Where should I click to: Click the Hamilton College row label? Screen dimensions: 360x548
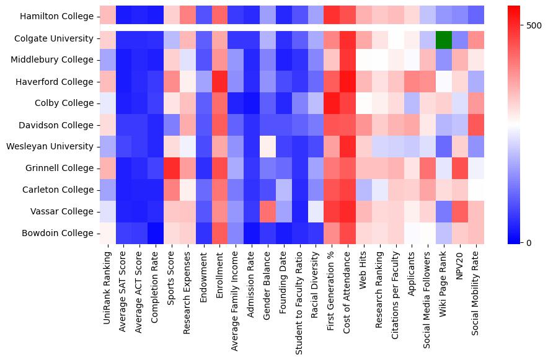[57, 17]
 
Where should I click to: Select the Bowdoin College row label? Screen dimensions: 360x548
[59, 234]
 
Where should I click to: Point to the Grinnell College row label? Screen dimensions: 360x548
[60, 169]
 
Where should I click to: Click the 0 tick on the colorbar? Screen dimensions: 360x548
[528, 242]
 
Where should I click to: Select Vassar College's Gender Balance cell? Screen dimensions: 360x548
[267, 212]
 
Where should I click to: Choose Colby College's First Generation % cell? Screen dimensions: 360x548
[331, 103]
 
